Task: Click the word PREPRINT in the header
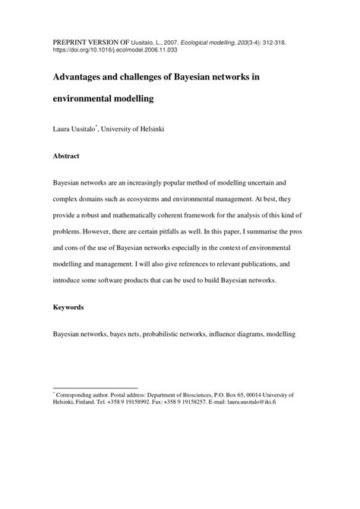click(x=69, y=36)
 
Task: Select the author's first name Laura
click(x=64, y=130)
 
